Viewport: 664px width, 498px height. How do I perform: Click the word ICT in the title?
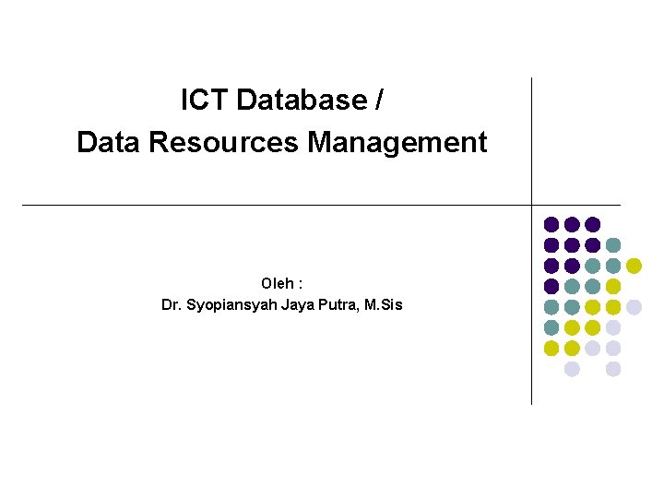pos(206,100)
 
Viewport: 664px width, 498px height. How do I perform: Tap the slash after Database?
pos(380,100)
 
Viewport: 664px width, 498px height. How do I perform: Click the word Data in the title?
pos(107,142)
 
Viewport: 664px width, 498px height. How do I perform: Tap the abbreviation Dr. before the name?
pos(172,304)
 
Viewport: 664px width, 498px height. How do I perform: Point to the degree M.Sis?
pos(384,304)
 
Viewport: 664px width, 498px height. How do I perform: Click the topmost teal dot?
pos(613,244)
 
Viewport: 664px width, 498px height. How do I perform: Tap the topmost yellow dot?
pos(634,266)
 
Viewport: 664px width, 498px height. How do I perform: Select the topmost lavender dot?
pos(634,307)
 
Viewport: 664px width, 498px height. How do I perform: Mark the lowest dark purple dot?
pos(551,286)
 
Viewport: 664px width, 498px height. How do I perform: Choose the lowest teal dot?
pos(551,327)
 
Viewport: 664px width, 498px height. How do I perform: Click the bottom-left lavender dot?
pos(572,369)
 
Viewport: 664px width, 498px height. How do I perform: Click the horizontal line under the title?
pos(277,204)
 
